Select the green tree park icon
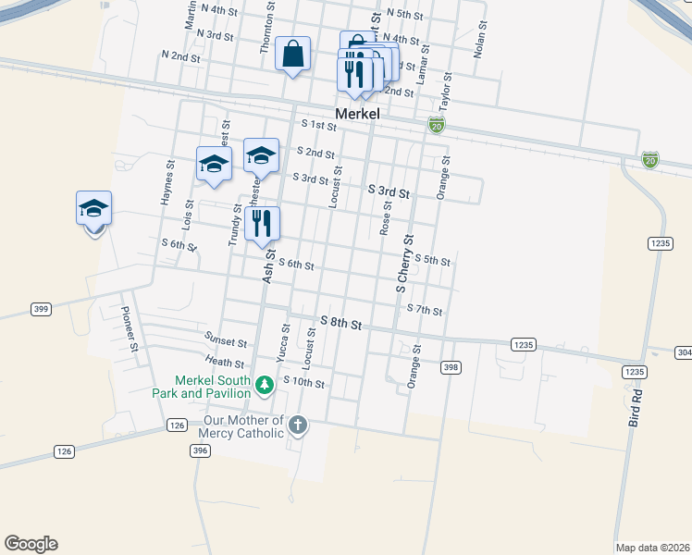coord(264,384)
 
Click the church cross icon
coord(297,425)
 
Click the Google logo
coord(31,544)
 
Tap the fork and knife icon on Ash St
coord(262,224)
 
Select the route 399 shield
coord(40,308)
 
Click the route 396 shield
coord(200,450)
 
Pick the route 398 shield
coord(451,367)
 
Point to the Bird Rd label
coord(636,401)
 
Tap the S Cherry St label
coord(404,265)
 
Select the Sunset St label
coord(227,343)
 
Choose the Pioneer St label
coord(130,330)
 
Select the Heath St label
coord(226,364)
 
